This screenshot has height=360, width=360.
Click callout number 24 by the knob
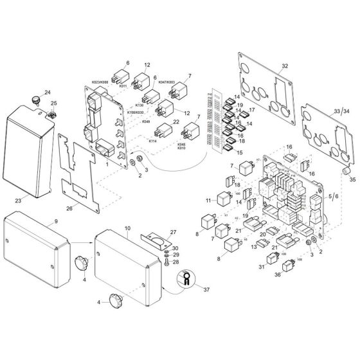click(46, 93)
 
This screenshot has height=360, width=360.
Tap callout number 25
click(54, 104)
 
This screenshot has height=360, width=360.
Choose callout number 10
click(127, 229)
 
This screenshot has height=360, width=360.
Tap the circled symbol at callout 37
click(185, 278)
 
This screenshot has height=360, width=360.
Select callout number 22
click(175, 122)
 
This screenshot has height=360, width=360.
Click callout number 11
click(208, 201)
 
